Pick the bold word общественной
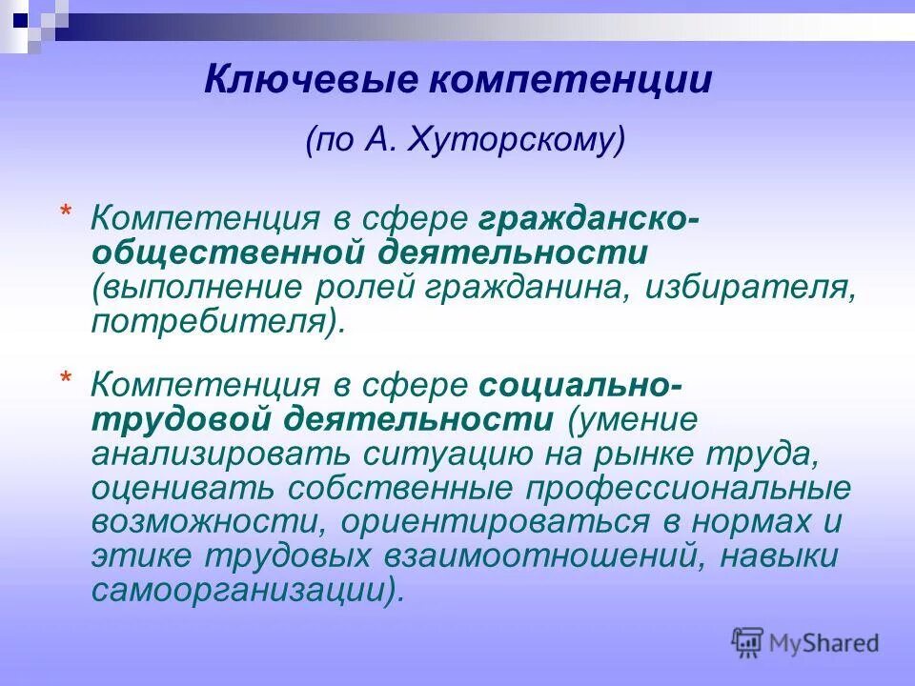pyautogui.click(x=228, y=253)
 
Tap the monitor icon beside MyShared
pyautogui.click(x=748, y=642)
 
